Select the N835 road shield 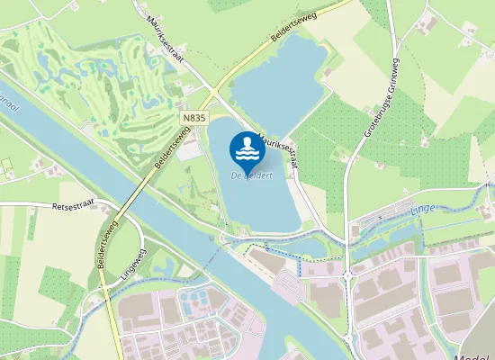(x=193, y=118)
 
